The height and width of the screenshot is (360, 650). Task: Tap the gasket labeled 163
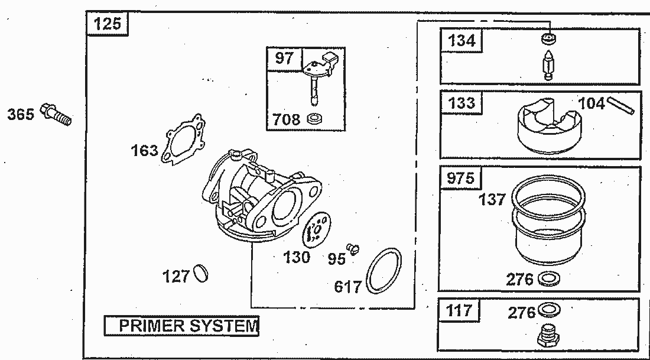184,141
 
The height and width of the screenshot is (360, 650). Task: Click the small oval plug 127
200,275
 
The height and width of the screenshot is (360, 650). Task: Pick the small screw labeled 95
353,249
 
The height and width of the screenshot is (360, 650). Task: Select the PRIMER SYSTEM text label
182,326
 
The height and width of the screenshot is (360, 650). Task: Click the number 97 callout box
284,58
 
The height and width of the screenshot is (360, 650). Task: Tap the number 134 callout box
461,41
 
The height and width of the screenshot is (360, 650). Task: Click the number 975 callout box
460,177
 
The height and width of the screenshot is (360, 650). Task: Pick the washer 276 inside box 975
550,278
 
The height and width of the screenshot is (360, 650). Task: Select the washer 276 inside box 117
550,309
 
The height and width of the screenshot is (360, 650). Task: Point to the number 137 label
493,199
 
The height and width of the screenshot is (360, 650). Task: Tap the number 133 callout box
461,103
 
